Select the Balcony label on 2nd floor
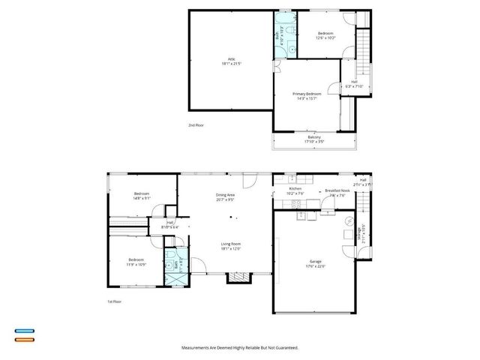pyautogui.click(x=313, y=139)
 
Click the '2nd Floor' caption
pyautogui.click(x=196, y=125)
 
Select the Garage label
pyautogui.click(x=314, y=264)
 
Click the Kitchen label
pyautogui.click(x=295, y=191)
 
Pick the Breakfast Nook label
pyautogui.click(x=337, y=193)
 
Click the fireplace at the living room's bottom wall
pyautogui.click(x=239, y=277)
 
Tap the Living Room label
pyautogui.click(x=230, y=245)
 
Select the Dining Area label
pyautogui.click(x=226, y=198)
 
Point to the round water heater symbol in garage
pyautogui.click(x=347, y=221)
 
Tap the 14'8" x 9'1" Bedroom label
pyautogui.click(x=142, y=196)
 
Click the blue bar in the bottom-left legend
pyautogui.click(x=25, y=330)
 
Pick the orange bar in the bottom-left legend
pyautogui.click(x=25, y=339)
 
